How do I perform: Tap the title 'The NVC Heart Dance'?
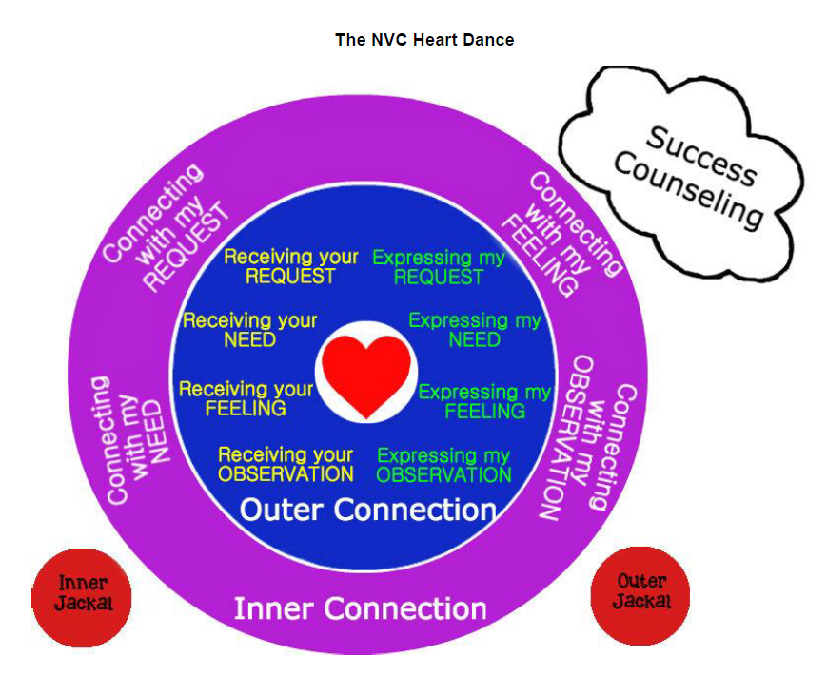tap(424, 40)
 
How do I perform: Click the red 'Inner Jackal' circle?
tap(82, 594)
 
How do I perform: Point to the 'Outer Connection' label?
tap(367, 510)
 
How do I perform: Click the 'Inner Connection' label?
tap(360, 608)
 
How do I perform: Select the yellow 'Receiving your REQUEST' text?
tap(290, 267)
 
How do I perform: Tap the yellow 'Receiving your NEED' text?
tap(250, 330)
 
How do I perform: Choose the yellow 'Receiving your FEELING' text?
tap(246, 398)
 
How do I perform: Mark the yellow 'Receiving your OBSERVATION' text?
tap(286, 464)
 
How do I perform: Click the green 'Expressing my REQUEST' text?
tap(439, 268)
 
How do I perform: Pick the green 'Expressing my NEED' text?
tap(474, 330)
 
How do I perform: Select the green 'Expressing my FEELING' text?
tap(484, 401)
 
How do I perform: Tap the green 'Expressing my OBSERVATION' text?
tap(444, 465)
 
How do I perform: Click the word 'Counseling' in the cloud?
tap(688, 190)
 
